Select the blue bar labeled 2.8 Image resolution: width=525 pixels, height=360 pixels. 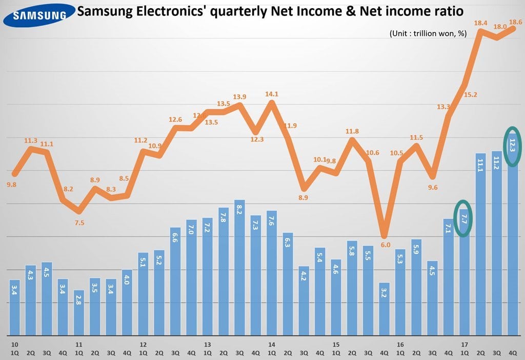pos(79,312)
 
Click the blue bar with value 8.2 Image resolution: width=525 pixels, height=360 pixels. pos(239,267)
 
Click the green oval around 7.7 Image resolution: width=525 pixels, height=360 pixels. pos(463,218)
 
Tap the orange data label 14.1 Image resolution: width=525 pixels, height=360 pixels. pos(272,94)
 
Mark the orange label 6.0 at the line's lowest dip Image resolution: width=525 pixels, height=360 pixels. pos(385,245)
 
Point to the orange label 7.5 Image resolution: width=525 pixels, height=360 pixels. pos(79,223)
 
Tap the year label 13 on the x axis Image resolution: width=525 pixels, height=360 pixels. pos(208,345)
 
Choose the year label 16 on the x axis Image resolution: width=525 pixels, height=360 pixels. pos(400,345)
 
